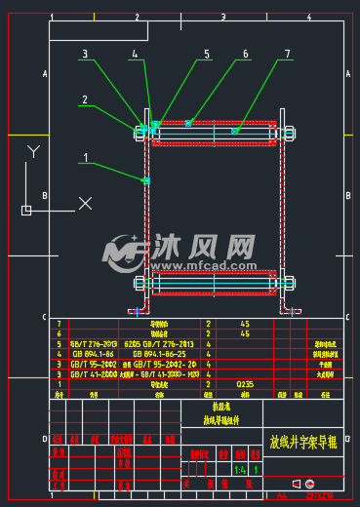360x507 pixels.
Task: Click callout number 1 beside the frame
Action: coord(86,156)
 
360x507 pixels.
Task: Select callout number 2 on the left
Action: coord(86,99)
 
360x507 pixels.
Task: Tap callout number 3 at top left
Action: coord(86,55)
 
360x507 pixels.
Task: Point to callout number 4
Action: coord(136,55)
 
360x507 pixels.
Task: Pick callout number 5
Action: coord(207,55)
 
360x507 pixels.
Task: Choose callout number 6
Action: coord(245,55)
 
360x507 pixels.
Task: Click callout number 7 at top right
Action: coord(287,55)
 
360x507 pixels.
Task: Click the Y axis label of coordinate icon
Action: coord(32,151)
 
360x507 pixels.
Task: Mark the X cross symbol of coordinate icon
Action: coord(85,203)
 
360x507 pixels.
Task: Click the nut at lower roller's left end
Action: coord(138,284)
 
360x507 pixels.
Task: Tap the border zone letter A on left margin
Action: coord(44,73)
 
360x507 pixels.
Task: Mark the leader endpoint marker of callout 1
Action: coord(146,180)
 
